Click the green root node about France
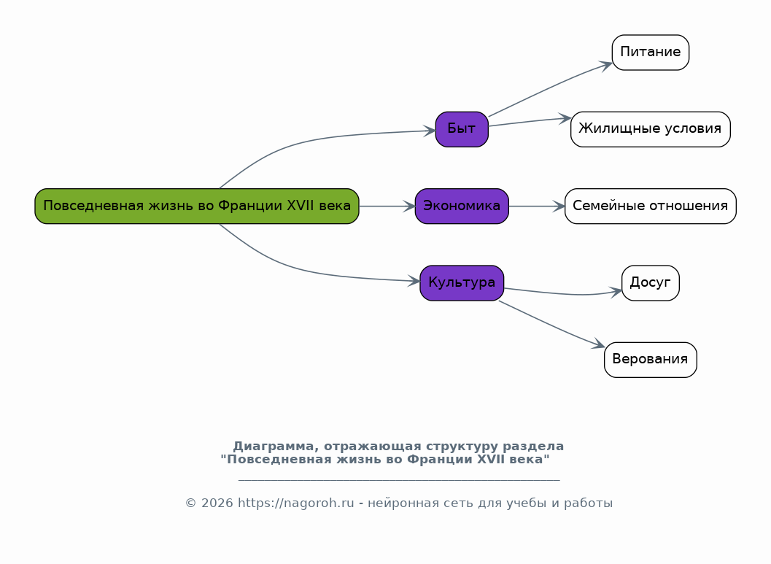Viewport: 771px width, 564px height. tap(197, 206)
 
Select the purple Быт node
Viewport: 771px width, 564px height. tap(462, 129)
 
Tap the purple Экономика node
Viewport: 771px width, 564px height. tap(462, 206)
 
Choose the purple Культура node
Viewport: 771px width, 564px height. tap(462, 283)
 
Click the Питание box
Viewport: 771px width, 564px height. tap(651, 52)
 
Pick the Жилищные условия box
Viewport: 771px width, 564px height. tap(651, 129)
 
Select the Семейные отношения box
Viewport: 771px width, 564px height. tap(651, 206)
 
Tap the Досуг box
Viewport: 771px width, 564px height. tap(651, 283)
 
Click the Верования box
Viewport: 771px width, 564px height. tap(651, 360)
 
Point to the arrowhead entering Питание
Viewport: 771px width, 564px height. tap(606, 66)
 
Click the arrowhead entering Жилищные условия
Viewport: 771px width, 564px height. tap(565, 118)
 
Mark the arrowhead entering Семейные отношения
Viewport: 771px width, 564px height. tap(559, 206)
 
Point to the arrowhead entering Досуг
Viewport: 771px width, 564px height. tap(616, 292)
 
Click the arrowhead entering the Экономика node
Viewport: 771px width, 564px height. tap(409, 206)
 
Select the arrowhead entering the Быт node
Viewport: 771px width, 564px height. tap(429, 131)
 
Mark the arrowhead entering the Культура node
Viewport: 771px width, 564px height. tap(414, 281)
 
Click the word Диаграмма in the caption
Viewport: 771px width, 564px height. tap(273, 447)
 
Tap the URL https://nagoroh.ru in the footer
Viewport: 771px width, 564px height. tap(296, 503)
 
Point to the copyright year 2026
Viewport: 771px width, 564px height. tap(217, 503)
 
